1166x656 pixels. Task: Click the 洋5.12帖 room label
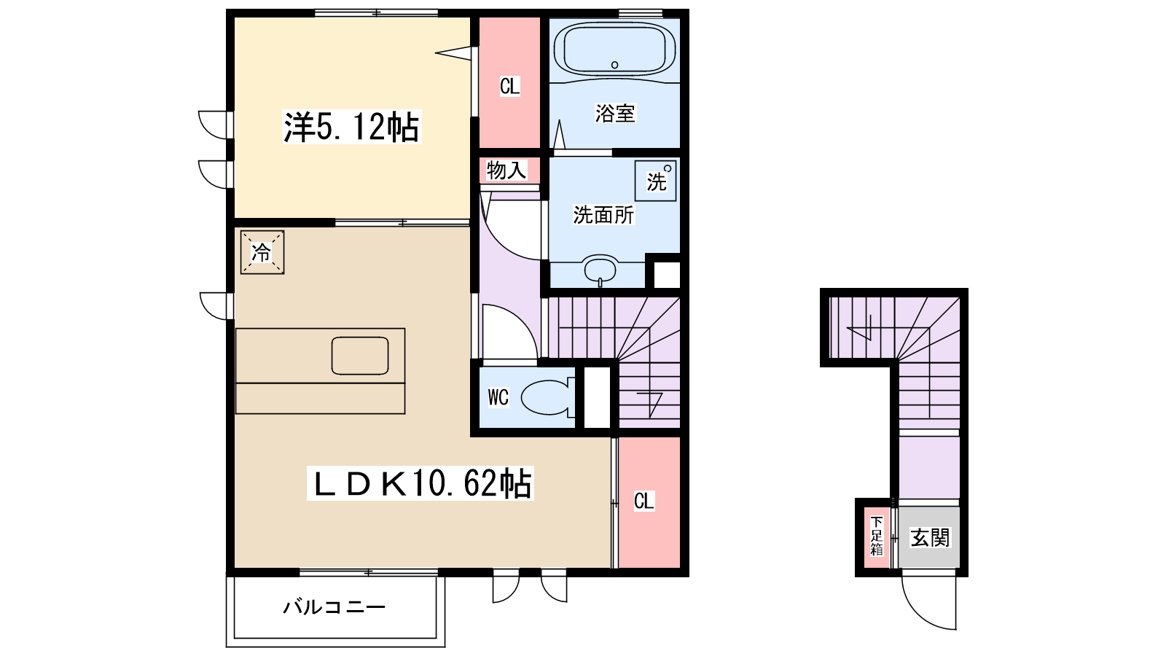(x=351, y=128)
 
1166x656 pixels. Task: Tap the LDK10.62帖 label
(x=421, y=483)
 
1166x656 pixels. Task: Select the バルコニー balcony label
(x=334, y=607)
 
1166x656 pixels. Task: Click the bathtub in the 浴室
(x=614, y=49)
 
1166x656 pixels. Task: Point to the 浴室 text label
(x=614, y=113)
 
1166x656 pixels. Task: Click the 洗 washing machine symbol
(x=656, y=181)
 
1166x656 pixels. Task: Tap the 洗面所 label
(x=603, y=215)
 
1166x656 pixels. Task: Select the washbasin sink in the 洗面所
(x=600, y=270)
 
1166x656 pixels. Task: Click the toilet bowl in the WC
(x=547, y=397)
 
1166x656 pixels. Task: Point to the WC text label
(x=498, y=397)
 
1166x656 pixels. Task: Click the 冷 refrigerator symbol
(x=262, y=253)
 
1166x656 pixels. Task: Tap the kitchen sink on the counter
(x=359, y=356)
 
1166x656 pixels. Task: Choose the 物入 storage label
(x=506, y=171)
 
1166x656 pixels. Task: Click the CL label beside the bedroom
(x=509, y=86)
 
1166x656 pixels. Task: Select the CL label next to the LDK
(x=643, y=501)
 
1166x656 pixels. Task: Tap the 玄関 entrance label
(x=931, y=538)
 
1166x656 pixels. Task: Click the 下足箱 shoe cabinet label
(x=876, y=536)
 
